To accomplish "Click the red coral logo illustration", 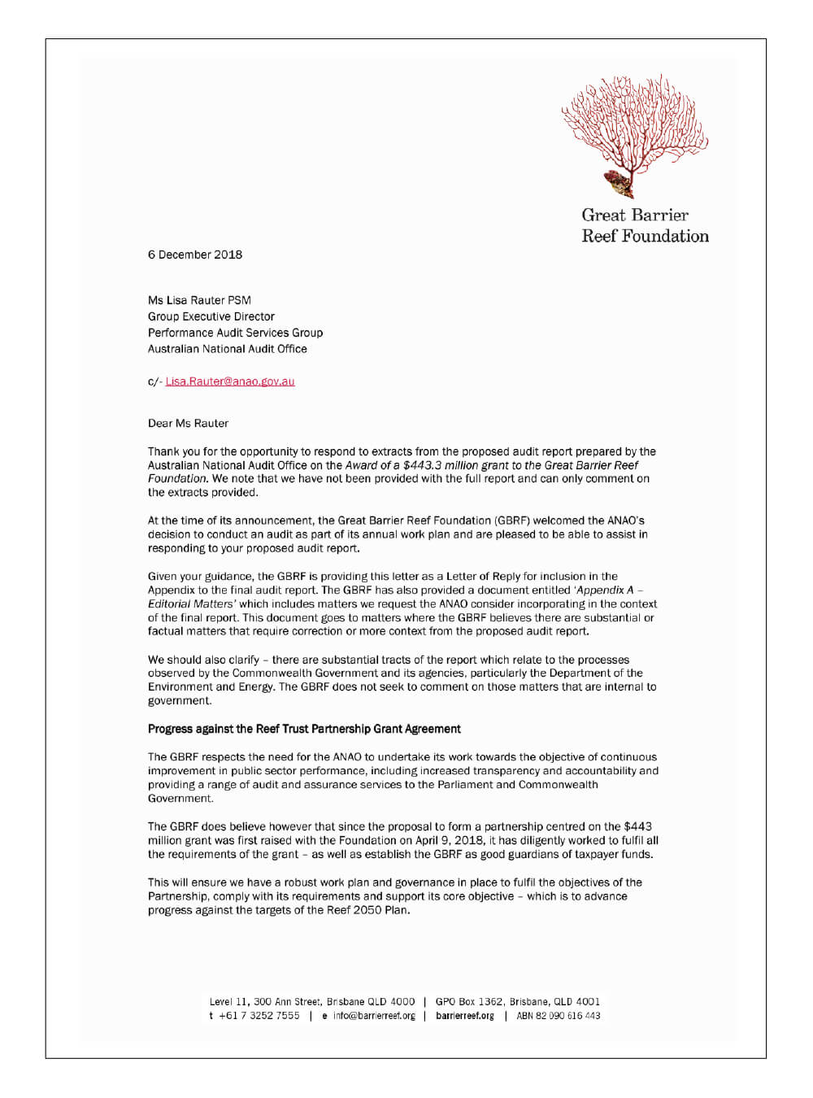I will (x=635, y=135).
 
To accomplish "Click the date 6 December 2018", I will (x=195, y=255).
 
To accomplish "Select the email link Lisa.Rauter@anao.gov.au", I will (x=230, y=381).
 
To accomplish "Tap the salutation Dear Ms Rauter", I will (x=188, y=423).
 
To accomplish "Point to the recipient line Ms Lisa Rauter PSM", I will (x=199, y=300).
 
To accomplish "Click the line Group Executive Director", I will (x=211, y=316).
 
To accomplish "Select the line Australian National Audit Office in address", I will (x=228, y=349).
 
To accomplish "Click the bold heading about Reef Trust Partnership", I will (x=304, y=729).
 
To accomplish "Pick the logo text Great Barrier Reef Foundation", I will (x=645, y=226).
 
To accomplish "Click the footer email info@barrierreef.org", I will (x=374, y=1016).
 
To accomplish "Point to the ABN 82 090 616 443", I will (x=559, y=1016).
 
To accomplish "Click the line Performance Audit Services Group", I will (x=235, y=333).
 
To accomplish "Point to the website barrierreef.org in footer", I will (x=465, y=1016).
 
